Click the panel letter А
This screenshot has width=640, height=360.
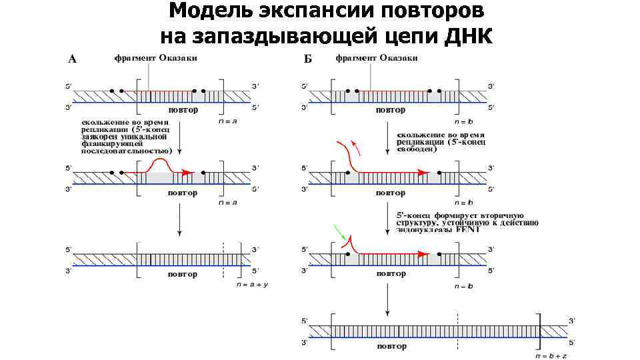point(73,59)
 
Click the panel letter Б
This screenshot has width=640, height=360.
point(308,59)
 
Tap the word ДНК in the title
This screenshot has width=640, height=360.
point(466,35)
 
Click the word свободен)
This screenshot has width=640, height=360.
point(417,149)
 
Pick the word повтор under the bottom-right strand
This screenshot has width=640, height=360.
point(391,346)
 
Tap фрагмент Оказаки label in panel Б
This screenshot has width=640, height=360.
point(377,58)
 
